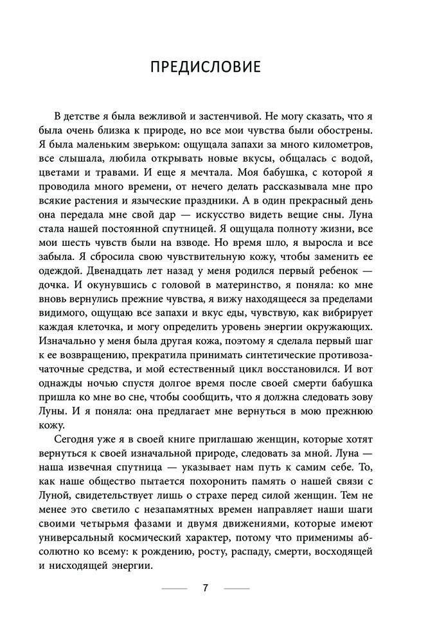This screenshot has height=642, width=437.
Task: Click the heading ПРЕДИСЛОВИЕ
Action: pyautogui.click(x=218, y=67)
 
